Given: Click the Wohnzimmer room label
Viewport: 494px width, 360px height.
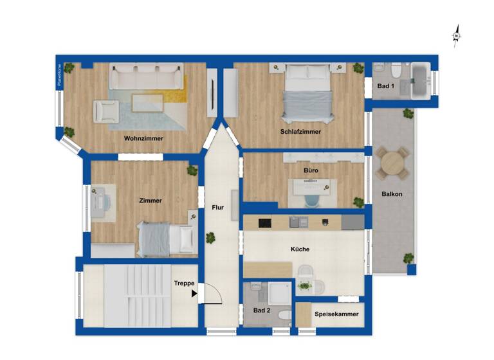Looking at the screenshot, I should (143, 138).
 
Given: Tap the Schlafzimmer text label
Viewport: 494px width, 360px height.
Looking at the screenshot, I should (300, 132).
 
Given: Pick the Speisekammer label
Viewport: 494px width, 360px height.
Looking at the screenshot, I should (335, 314).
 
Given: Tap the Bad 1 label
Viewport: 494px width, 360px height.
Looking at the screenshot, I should (385, 86).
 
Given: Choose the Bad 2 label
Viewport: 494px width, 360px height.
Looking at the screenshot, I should (261, 311).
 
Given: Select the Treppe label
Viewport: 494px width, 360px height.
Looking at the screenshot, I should (184, 283).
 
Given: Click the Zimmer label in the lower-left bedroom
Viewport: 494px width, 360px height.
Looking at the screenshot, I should (151, 201).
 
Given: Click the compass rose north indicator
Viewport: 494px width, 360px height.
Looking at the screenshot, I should (456, 35).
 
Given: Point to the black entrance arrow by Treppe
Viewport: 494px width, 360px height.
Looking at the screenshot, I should (194, 294).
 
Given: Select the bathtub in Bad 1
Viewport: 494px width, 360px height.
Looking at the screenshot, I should (422, 80).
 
